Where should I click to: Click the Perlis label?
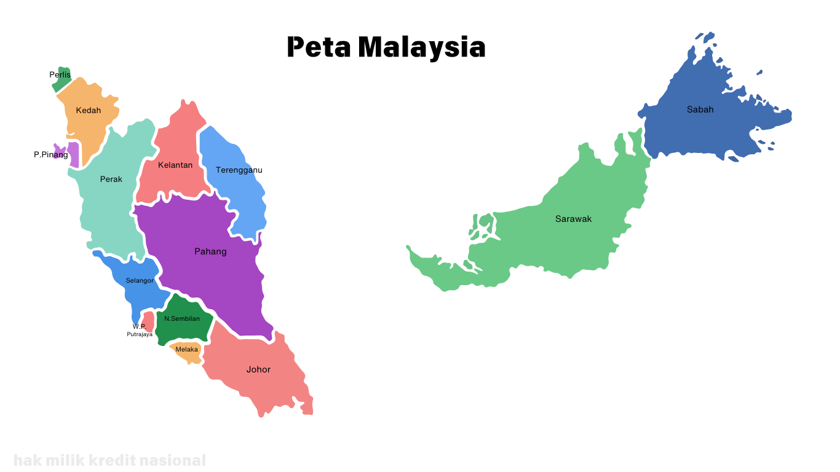point(60,75)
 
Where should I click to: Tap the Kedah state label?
point(89,111)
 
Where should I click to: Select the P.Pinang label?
point(51,155)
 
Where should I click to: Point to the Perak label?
point(111,179)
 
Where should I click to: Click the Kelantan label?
point(175,165)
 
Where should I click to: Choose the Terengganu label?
point(239,170)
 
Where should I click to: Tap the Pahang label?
point(210,251)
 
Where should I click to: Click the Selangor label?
point(140,281)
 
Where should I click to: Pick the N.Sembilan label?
point(182,319)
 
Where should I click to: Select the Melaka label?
point(186,350)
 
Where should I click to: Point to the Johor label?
point(258,370)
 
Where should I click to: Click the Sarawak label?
point(573,219)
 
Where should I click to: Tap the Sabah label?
point(700,110)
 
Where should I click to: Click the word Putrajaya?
point(140,334)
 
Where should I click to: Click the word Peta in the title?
point(319,47)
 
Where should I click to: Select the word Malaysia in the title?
point(422,47)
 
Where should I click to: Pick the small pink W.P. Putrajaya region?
point(149,320)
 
